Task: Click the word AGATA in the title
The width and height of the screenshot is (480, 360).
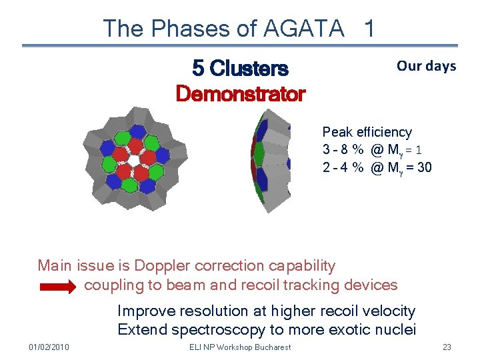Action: click(x=304, y=29)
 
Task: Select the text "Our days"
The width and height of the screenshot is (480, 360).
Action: click(x=426, y=65)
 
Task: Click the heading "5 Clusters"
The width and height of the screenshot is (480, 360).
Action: click(x=240, y=68)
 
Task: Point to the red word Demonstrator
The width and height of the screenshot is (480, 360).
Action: click(x=240, y=94)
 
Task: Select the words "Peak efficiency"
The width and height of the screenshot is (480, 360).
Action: click(x=367, y=132)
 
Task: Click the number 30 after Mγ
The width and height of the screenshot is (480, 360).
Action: click(x=423, y=167)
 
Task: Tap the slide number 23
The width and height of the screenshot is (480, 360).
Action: click(x=447, y=347)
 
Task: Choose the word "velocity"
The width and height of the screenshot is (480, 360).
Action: click(x=390, y=311)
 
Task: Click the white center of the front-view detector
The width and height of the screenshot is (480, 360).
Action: click(x=133, y=160)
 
